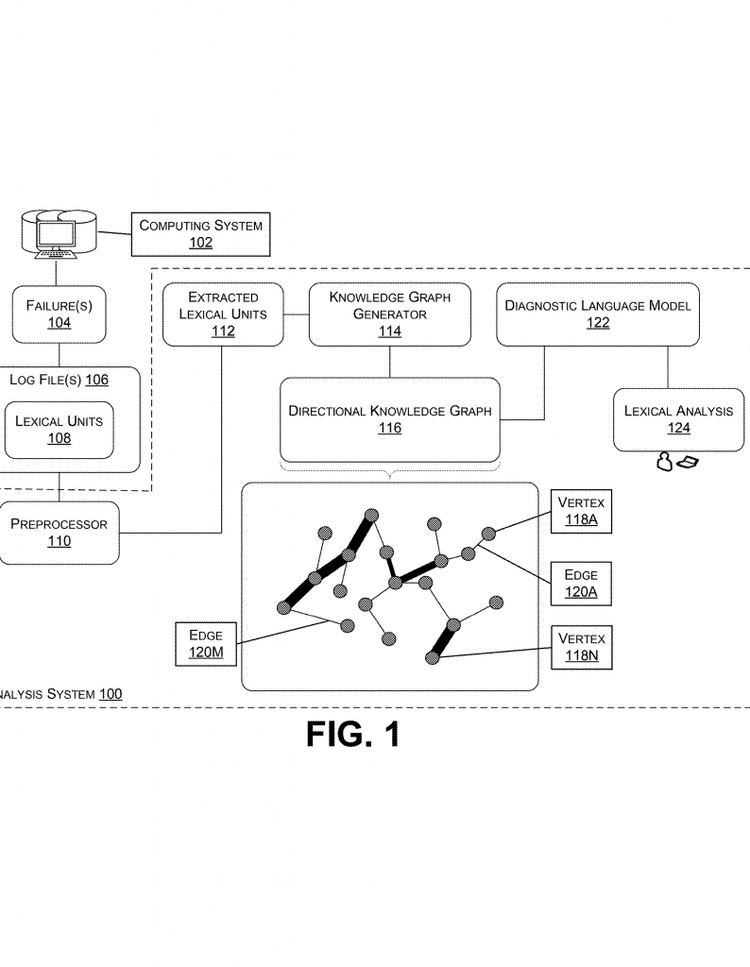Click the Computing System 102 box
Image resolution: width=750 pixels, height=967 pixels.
200,233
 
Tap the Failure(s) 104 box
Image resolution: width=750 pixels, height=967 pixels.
59,314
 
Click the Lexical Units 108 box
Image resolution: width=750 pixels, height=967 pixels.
59,430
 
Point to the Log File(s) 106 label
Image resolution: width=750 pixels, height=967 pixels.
59,380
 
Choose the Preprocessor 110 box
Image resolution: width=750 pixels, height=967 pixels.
59,533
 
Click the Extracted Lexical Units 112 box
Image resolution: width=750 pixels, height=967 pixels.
223,314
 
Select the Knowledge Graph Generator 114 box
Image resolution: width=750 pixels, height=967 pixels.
389,314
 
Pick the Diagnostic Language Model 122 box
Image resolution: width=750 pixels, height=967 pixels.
598,314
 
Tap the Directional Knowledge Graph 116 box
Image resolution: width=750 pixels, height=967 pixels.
390,419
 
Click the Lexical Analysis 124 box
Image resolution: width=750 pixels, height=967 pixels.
677,419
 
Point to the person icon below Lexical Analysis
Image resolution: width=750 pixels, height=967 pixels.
665,462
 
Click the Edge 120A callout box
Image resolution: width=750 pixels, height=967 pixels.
581,584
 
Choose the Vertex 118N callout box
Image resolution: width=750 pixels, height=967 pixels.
581,647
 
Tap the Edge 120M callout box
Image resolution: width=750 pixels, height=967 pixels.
206,644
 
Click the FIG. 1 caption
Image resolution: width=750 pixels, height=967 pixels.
353,736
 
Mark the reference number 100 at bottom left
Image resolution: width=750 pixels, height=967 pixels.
110,694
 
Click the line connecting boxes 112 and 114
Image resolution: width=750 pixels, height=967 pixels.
297,314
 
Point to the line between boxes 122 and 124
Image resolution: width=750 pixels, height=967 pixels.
668,366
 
